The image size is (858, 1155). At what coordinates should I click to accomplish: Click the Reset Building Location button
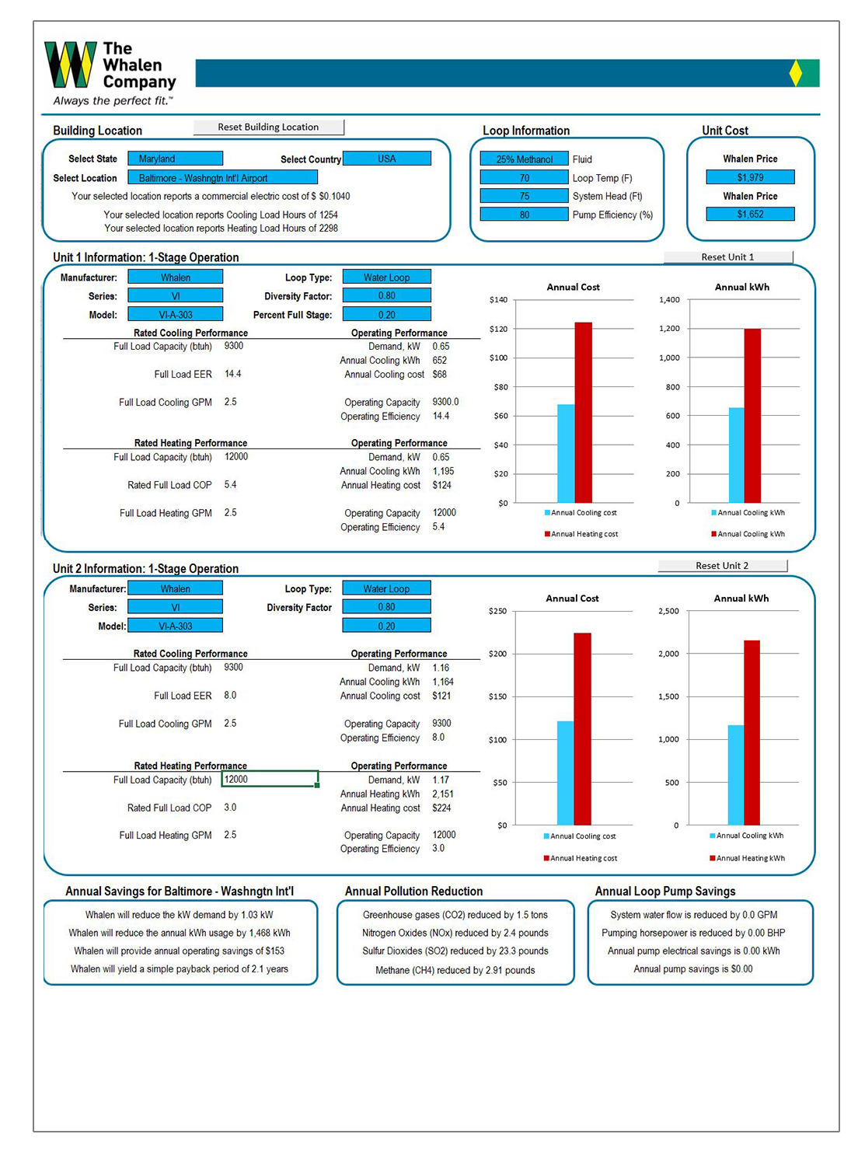[268, 127]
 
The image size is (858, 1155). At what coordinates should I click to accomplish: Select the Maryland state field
[175, 159]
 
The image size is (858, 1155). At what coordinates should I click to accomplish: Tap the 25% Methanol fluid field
[524, 159]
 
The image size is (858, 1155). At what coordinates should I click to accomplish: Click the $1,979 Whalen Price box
[750, 177]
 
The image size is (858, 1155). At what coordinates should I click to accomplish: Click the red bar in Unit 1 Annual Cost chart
[583, 412]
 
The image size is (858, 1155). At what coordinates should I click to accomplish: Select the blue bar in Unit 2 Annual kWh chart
[735, 774]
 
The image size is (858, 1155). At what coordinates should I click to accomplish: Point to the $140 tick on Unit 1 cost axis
[498, 300]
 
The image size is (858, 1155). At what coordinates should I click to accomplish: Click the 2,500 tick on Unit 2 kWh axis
[668, 612]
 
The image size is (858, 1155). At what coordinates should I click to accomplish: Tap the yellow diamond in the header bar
[795, 73]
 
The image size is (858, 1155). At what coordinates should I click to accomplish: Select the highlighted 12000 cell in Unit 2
[269, 780]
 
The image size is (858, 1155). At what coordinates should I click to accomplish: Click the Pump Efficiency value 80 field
[524, 215]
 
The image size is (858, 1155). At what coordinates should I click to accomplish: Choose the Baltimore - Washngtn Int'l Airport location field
[222, 178]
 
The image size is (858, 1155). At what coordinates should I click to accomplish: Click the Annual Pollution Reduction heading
[413, 892]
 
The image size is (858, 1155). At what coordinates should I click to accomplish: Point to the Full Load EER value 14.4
[233, 375]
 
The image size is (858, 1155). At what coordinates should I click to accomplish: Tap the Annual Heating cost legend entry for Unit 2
[583, 859]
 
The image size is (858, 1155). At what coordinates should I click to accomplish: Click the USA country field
[386, 159]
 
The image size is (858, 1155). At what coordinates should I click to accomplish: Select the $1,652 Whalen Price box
[750, 215]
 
